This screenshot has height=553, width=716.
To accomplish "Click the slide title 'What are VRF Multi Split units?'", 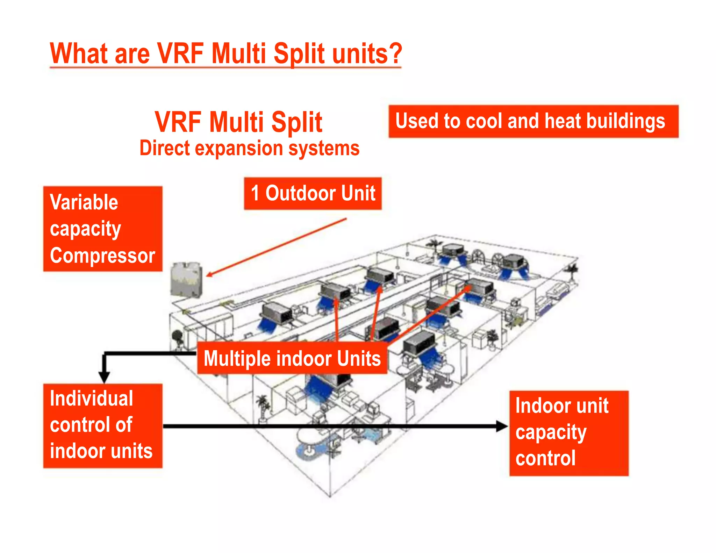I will (x=226, y=53).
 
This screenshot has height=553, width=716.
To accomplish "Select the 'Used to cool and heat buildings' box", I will (x=533, y=121).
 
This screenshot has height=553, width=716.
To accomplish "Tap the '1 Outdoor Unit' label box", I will (x=313, y=193).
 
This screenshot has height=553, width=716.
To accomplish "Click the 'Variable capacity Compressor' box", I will (x=103, y=229).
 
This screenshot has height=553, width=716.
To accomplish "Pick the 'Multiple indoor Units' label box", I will (x=292, y=359).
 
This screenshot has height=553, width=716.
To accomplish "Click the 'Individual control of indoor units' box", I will (x=103, y=425).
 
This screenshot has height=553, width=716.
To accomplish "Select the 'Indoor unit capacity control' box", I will (x=568, y=433).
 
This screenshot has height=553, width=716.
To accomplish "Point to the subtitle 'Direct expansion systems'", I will (x=249, y=148).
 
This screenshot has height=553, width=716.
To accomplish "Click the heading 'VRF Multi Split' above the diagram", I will (x=238, y=122).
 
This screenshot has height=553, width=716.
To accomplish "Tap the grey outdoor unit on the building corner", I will (x=186, y=280).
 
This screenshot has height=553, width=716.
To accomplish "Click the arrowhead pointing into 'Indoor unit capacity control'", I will (x=502, y=426).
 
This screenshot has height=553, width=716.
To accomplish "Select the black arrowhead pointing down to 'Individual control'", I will (x=104, y=378).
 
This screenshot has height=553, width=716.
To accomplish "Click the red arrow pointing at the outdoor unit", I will (x=276, y=247).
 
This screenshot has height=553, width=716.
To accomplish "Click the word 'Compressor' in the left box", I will (x=102, y=256).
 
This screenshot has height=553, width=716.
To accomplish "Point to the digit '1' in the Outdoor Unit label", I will (x=255, y=193).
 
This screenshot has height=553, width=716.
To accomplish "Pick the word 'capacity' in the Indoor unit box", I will (x=551, y=433).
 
